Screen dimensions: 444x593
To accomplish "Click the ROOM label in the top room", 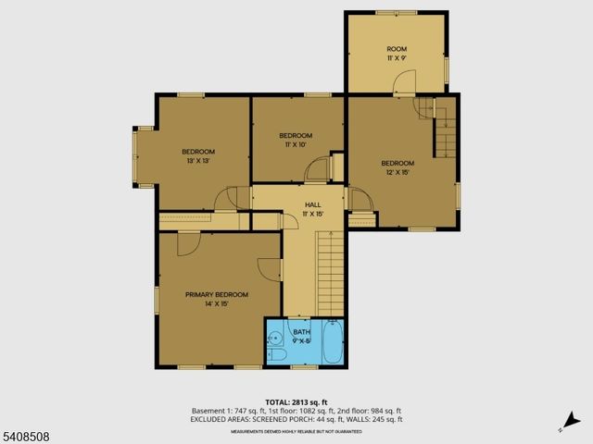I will [x=397, y=49].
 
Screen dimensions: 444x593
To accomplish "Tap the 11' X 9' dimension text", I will [x=397, y=58].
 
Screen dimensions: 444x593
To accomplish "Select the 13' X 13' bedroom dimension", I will [x=198, y=161].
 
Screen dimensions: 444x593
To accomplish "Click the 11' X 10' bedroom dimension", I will [x=296, y=144].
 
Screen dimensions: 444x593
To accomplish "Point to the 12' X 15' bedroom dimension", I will [x=397, y=172].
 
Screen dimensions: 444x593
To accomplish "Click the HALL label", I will [x=312, y=204].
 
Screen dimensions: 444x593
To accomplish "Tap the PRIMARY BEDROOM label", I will [x=217, y=294].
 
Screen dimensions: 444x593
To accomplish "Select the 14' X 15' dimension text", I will [x=217, y=303].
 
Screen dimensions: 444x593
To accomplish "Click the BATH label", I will [x=302, y=331].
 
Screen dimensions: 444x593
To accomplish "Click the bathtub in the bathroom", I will [x=333, y=342].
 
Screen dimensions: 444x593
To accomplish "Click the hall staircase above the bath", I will [x=330, y=273].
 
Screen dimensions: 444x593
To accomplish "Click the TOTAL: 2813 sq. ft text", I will [x=296, y=402].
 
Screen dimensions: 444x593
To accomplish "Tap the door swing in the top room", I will [x=402, y=84].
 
